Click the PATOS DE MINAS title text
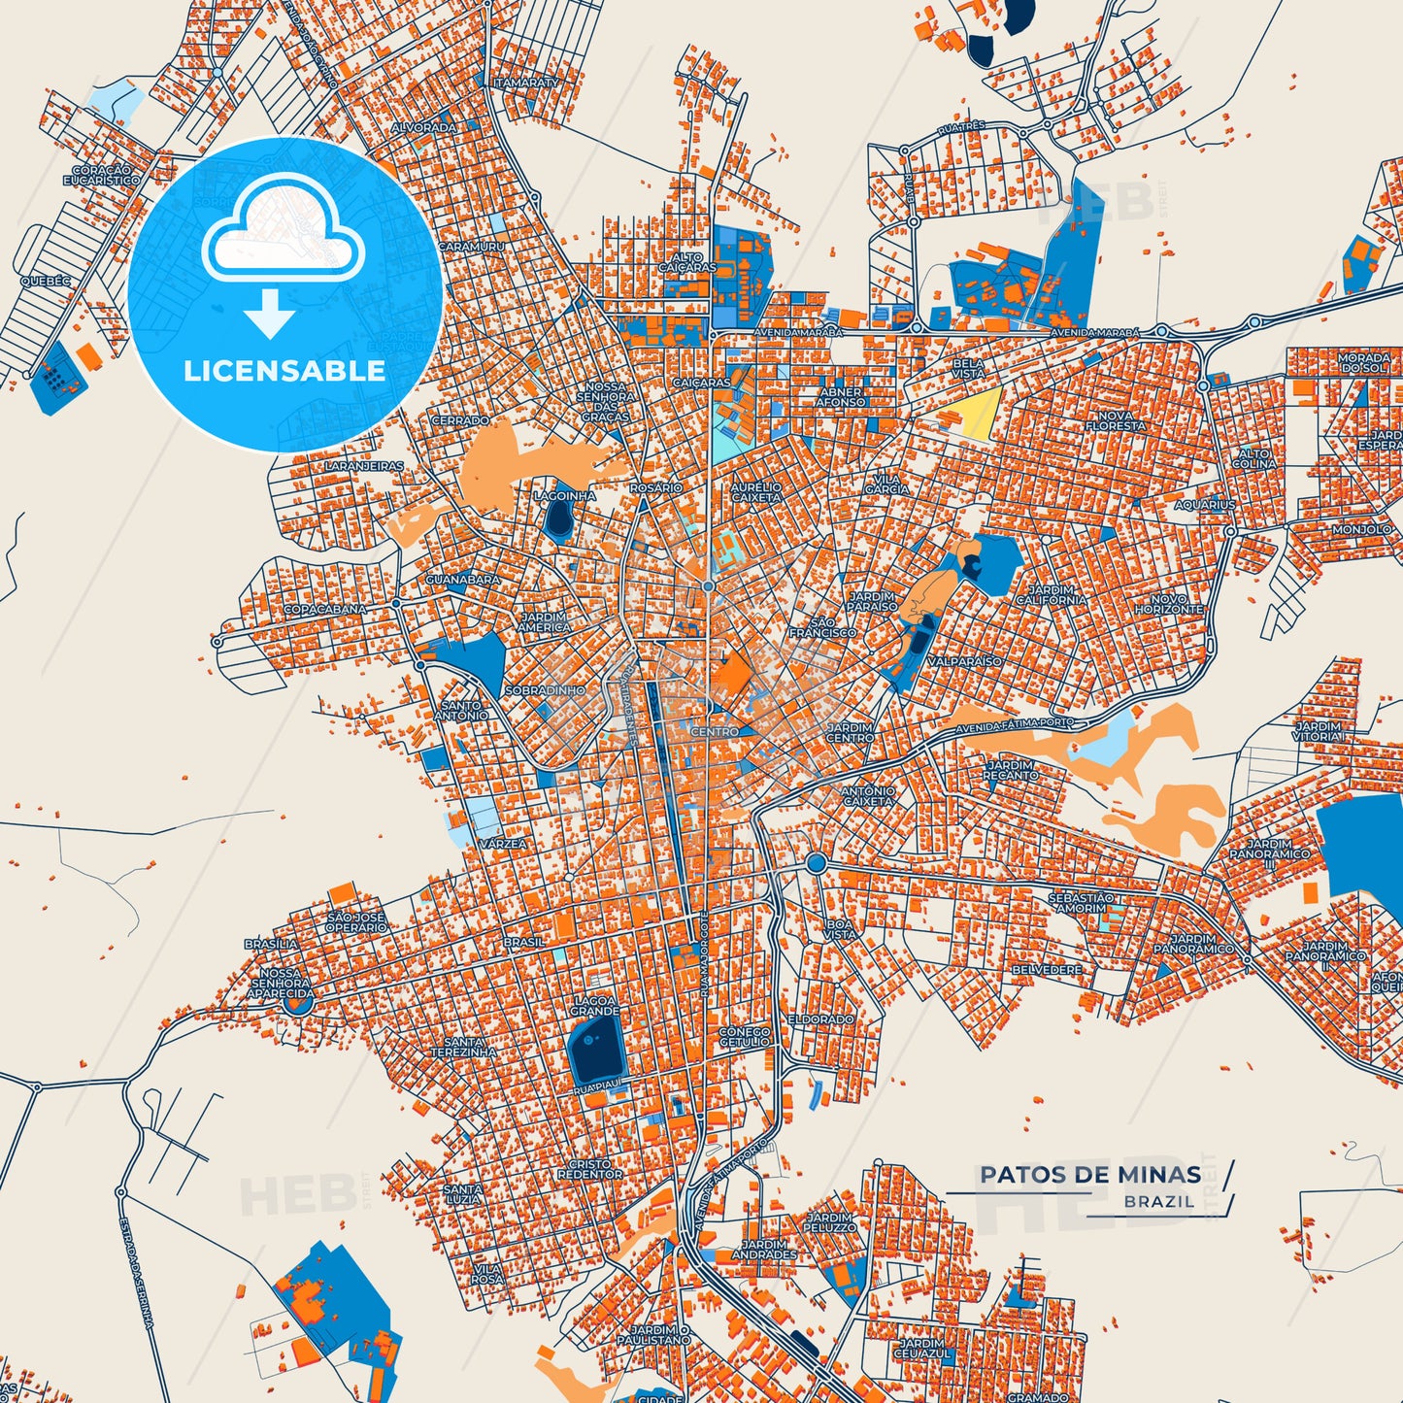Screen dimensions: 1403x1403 click(1089, 1175)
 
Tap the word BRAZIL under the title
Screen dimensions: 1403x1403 click(1159, 1201)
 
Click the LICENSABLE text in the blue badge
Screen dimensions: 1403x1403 click(284, 370)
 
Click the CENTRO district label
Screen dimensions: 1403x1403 click(714, 731)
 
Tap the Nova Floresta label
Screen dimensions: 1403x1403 click(1115, 420)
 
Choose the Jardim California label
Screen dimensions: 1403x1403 click(1052, 595)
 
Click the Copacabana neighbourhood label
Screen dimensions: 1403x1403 click(325, 610)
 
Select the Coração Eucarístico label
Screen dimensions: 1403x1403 click(101, 175)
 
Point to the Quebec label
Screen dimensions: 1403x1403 click(46, 282)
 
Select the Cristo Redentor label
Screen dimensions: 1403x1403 click(589, 1169)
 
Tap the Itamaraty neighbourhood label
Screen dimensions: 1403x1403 click(527, 84)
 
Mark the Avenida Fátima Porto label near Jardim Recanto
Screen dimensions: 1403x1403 click(1015, 724)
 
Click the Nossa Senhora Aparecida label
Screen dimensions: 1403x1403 click(280, 983)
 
